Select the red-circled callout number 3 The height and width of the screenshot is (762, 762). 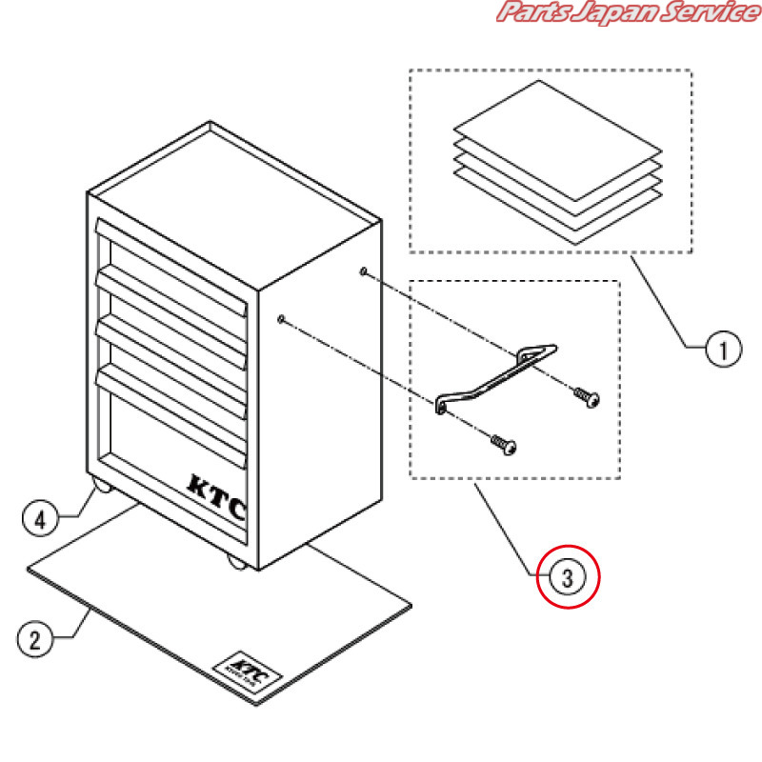coord(568,576)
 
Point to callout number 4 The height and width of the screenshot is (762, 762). coord(39,519)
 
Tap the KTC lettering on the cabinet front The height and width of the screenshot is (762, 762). coord(216,496)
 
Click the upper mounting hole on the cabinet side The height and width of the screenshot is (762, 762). coord(364,272)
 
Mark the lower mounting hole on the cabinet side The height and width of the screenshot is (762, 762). coord(283,318)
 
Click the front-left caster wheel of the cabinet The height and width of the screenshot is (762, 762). coord(99,489)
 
